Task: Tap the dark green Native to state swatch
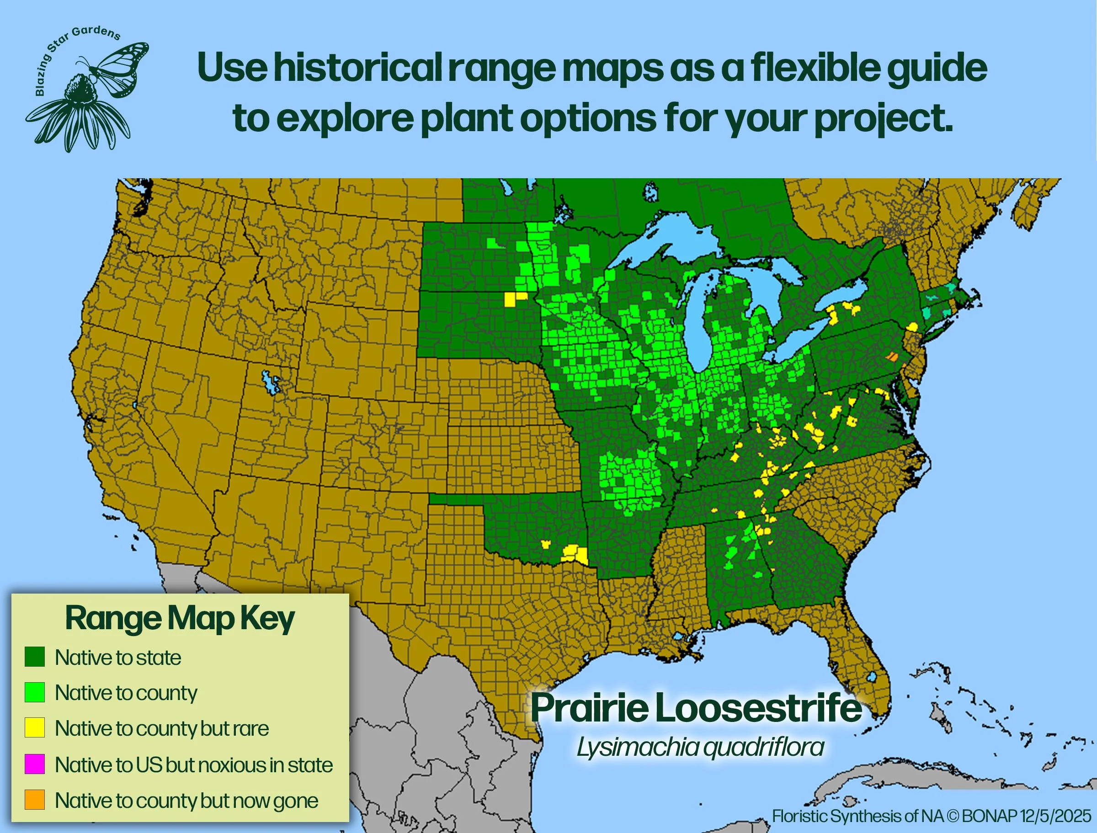(x=35, y=657)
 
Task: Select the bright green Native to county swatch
(x=35, y=692)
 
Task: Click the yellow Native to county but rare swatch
(x=35, y=728)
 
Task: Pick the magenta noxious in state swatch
(x=35, y=764)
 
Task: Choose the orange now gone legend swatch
(x=35, y=800)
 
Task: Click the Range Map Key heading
(x=180, y=619)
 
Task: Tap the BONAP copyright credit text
(x=932, y=816)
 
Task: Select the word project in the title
(x=883, y=119)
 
